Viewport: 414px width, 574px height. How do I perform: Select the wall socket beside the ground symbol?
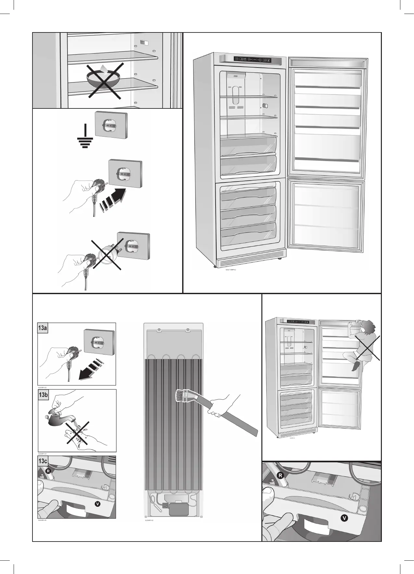(x=111, y=124)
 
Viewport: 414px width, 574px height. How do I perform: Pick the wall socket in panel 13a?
(x=99, y=342)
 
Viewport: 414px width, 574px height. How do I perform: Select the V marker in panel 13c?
(x=96, y=503)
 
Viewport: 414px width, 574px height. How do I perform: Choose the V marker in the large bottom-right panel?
(x=345, y=518)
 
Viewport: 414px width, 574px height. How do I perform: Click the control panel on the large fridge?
(x=253, y=60)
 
